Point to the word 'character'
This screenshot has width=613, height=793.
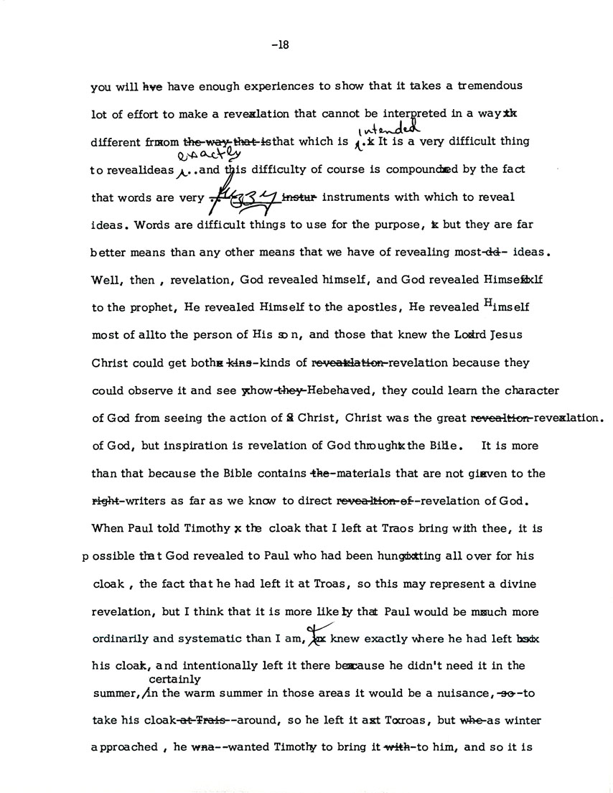click(x=527, y=391)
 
